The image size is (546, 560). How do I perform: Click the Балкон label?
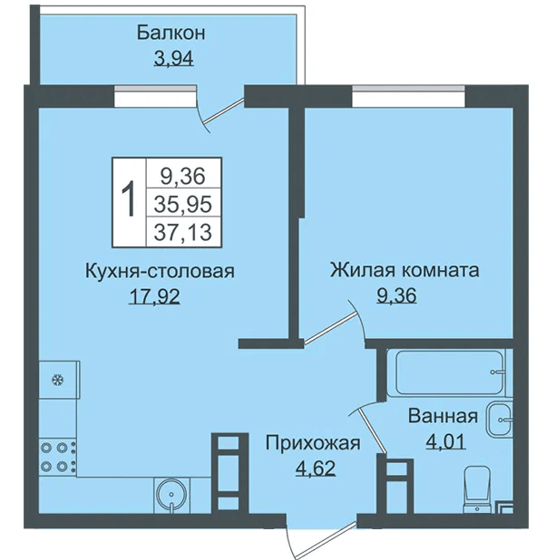click(x=171, y=33)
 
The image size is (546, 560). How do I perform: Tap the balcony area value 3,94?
click(x=174, y=59)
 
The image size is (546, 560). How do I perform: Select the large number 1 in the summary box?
click(x=129, y=198)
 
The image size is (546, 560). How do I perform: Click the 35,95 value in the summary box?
click(x=183, y=204)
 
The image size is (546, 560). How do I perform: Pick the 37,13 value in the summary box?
click(x=183, y=231)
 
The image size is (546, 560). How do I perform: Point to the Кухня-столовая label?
click(x=160, y=271)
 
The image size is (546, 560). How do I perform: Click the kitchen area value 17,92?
click(x=154, y=296)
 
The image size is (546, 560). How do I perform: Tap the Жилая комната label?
click(x=405, y=270)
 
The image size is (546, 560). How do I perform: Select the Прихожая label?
click(x=313, y=443)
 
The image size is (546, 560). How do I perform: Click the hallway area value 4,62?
click(x=316, y=468)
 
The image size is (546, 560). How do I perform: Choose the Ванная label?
click(x=443, y=416)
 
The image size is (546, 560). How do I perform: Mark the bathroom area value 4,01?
click(x=445, y=441)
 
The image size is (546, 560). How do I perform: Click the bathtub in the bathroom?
click(x=447, y=372)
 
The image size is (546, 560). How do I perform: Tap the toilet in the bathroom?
click(x=476, y=489)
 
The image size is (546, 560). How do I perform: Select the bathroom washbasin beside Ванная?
click(x=500, y=419)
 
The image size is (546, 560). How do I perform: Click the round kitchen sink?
click(x=171, y=495)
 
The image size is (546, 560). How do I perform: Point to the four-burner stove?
click(x=57, y=456)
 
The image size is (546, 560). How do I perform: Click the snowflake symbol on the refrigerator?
click(x=56, y=380)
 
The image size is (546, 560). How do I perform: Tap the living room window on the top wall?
click(x=408, y=95)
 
